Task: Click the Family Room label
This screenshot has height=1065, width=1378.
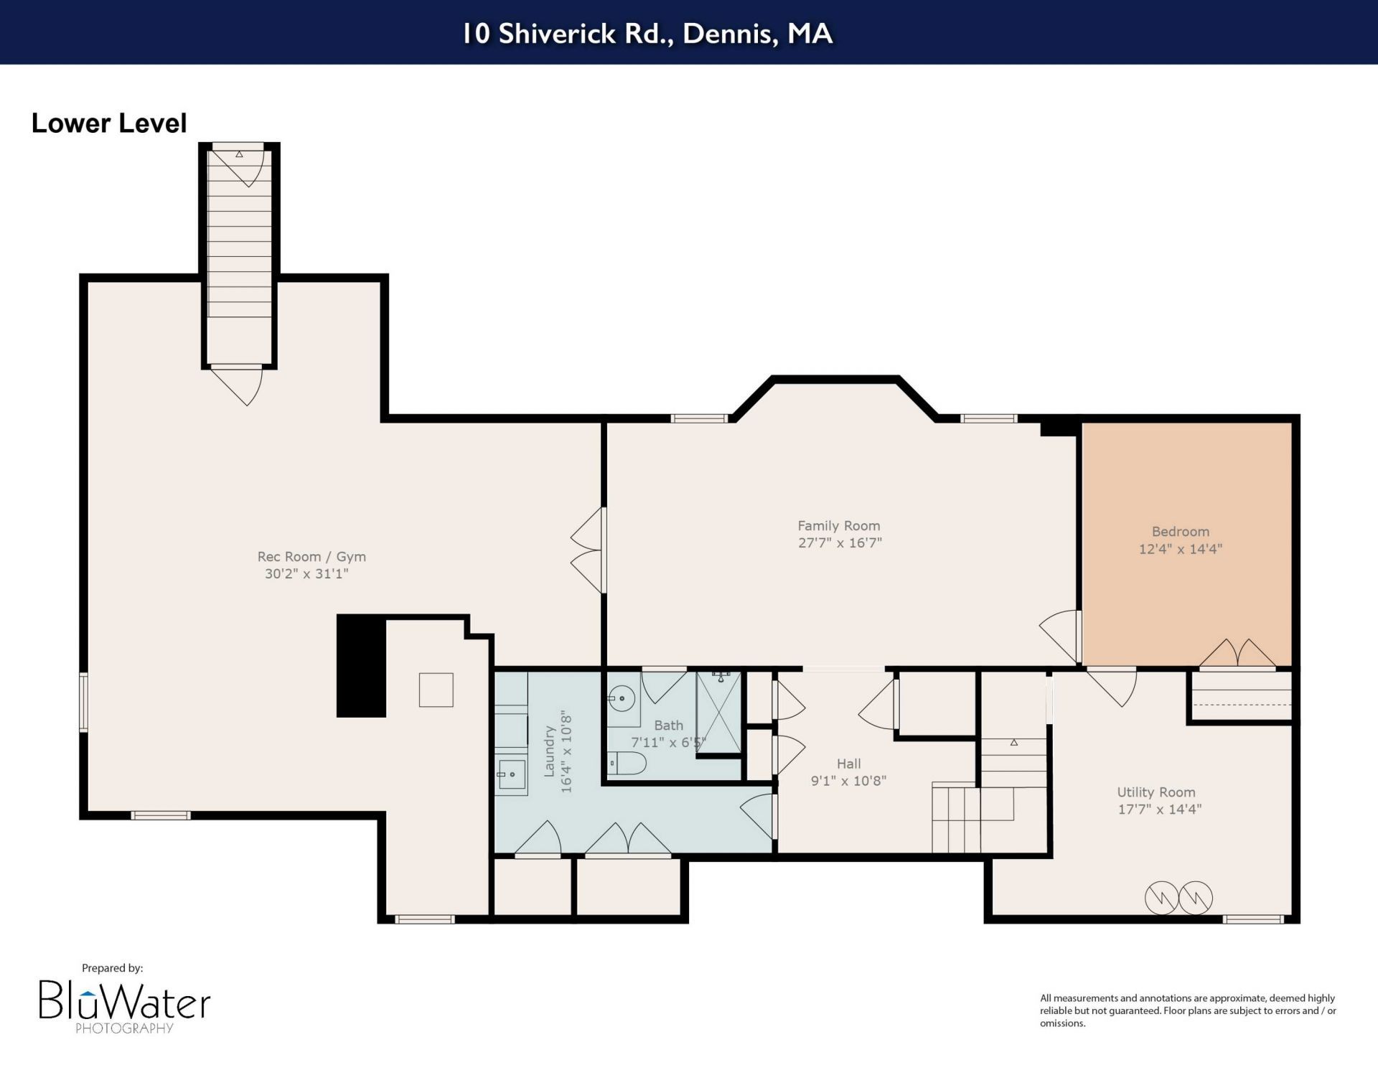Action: click(x=838, y=525)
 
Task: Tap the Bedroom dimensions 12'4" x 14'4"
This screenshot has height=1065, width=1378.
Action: click(x=1180, y=549)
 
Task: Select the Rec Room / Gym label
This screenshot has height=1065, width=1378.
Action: click(x=311, y=557)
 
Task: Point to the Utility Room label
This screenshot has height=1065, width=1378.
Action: click(x=1156, y=792)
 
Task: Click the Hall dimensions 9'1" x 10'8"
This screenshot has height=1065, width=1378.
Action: click(x=848, y=781)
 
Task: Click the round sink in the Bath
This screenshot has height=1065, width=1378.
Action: click(x=622, y=698)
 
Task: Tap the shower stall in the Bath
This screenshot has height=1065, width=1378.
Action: click(x=718, y=712)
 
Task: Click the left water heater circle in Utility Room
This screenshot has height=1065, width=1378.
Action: click(x=1161, y=898)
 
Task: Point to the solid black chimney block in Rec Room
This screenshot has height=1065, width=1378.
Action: click(x=362, y=666)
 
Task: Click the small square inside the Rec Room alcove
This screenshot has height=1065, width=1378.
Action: click(x=436, y=690)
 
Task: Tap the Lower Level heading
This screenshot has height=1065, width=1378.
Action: click(x=109, y=123)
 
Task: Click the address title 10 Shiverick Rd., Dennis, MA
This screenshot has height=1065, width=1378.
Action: click(x=647, y=33)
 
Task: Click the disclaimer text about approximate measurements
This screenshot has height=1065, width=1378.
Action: click(x=1188, y=1010)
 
